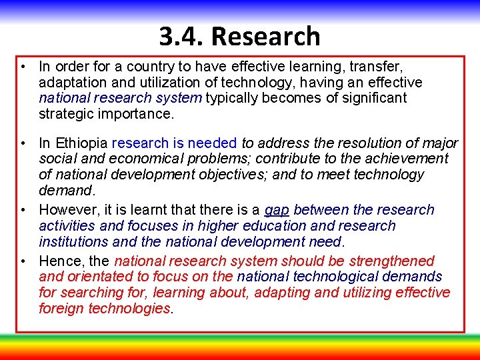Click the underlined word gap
click(277, 210)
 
